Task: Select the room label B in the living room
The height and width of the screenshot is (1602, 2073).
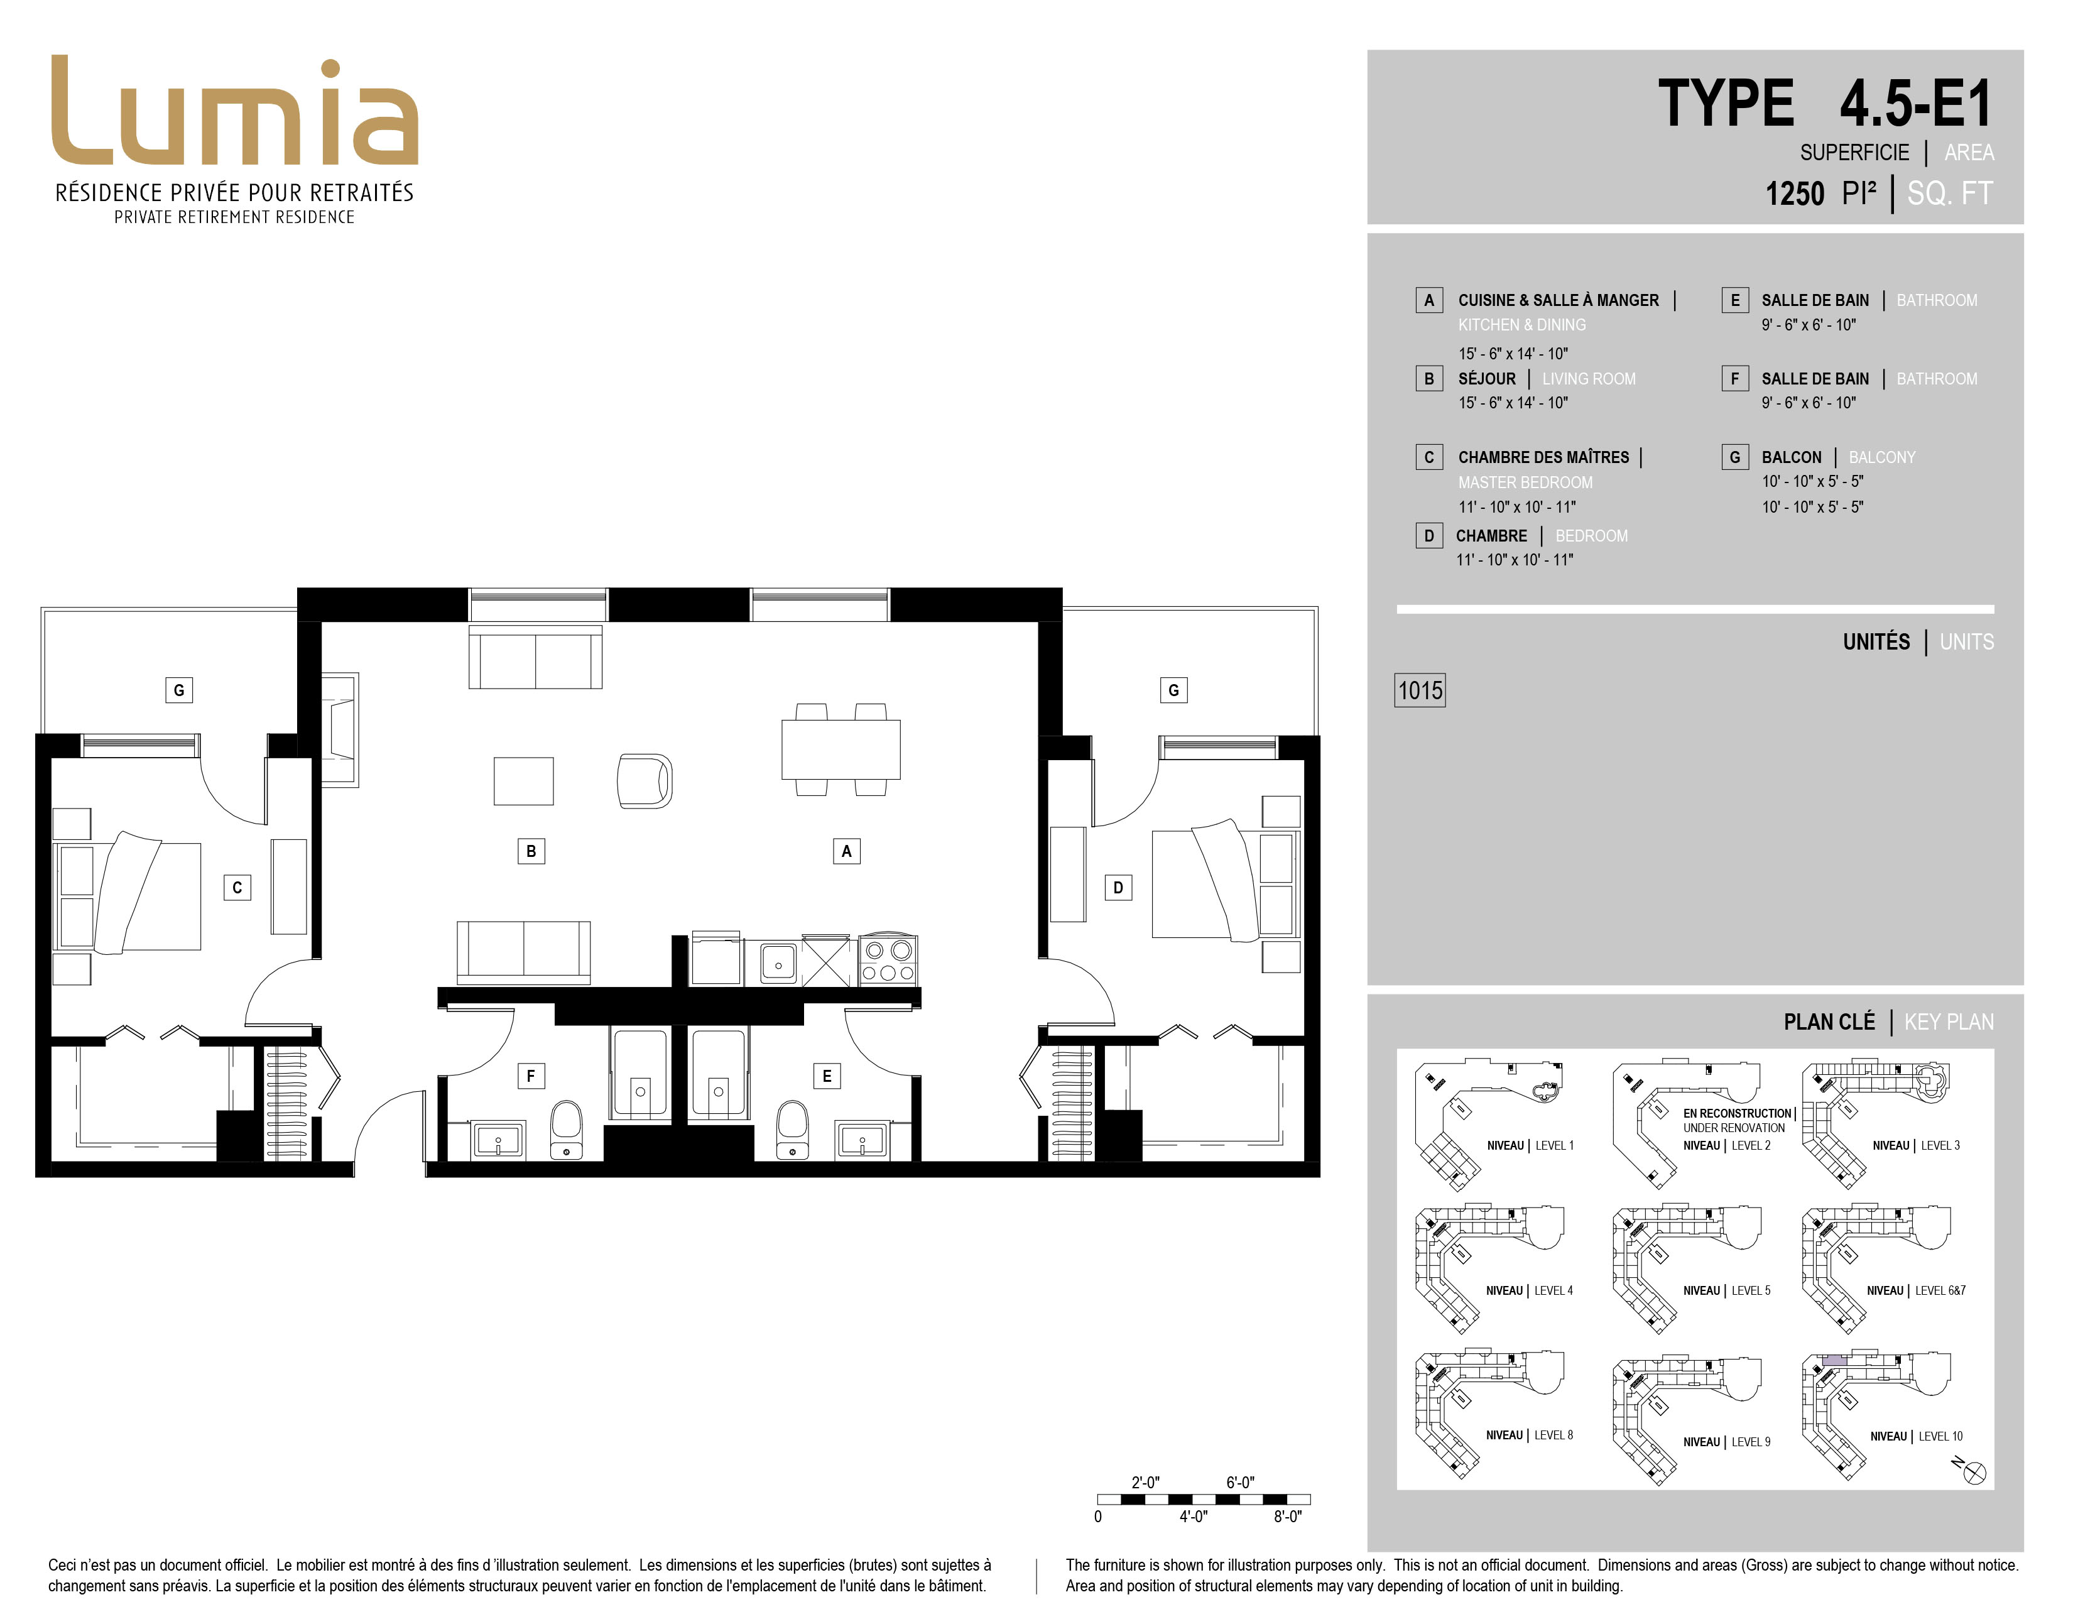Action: pyautogui.click(x=531, y=851)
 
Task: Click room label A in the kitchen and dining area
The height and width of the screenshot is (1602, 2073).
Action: pyautogui.click(x=847, y=851)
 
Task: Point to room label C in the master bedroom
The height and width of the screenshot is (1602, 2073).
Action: pyautogui.click(x=237, y=887)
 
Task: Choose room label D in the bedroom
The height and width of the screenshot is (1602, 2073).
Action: pyautogui.click(x=1118, y=887)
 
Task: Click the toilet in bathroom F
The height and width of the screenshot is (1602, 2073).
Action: pyautogui.click(x=567, y=1130)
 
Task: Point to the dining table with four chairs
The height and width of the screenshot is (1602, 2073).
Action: pyautogui.click(x=841, y=749)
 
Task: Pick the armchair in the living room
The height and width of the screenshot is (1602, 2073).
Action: pyautogui.click(x=645, y=781)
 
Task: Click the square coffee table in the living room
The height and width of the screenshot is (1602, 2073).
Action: pyautogui.click(x=523, y=781)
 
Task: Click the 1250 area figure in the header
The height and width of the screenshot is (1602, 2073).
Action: pyautogui.click(x=1794, y=193)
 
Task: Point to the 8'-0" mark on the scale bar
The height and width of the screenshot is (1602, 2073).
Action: pyautogui.click(x=1287, y=1517)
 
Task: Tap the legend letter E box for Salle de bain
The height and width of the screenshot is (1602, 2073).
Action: pyautogui.click(x=1735, y=300)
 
